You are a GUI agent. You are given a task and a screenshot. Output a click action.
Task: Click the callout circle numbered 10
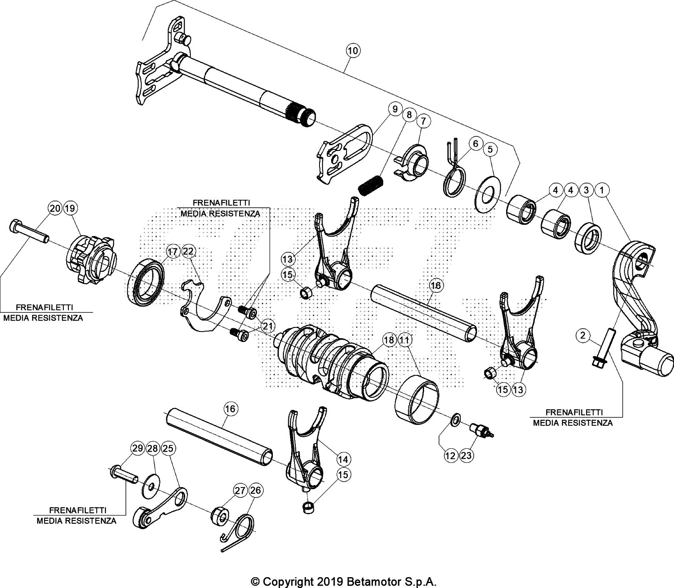pyautogui.click(x=352, y=51)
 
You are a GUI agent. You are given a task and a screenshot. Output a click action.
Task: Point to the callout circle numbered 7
pyautogui.click(x=423, y=121)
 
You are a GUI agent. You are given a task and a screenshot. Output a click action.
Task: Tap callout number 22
pyautogui.click(x=188, y=251)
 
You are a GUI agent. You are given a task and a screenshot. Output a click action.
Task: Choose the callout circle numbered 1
pyautogui.click(x=602, y=190)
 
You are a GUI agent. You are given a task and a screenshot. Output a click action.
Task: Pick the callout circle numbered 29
pyautogui.click(x=137, y=448)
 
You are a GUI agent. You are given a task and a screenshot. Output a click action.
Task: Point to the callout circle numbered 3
pyautogui.click(x=586, y=190)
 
